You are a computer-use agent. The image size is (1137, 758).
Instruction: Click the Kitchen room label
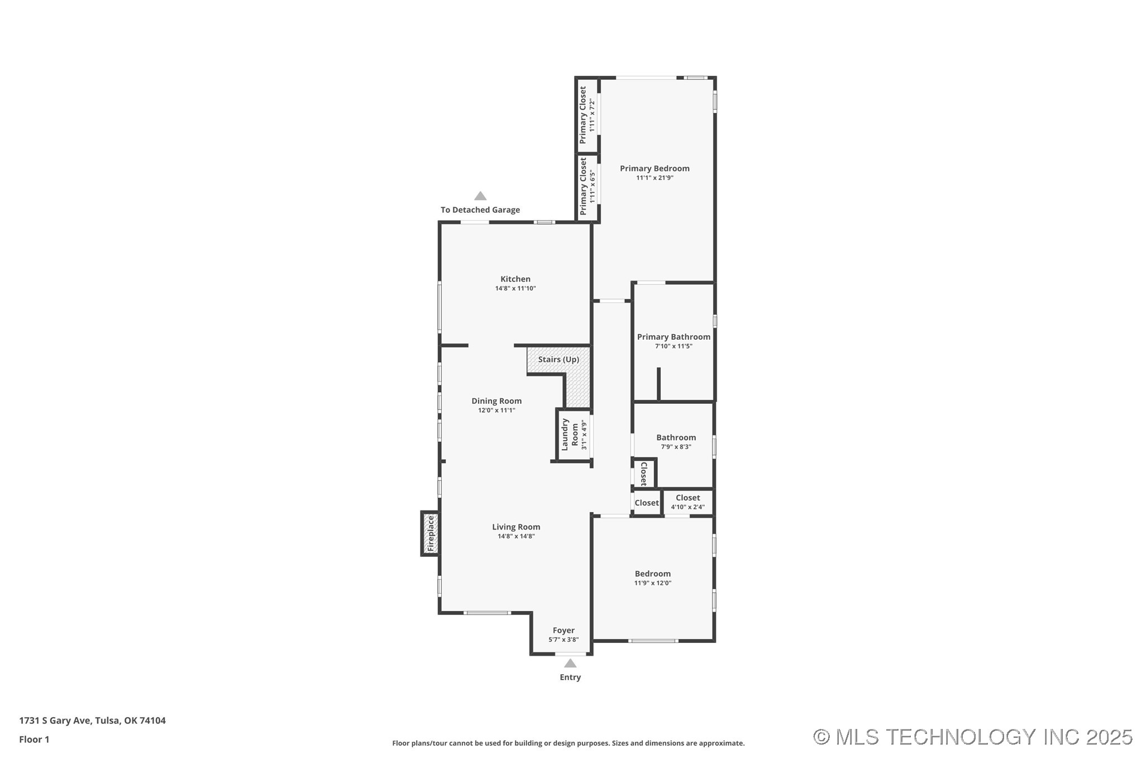coord(515,279)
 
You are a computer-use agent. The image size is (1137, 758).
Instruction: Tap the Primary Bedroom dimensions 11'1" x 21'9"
coord(655,178)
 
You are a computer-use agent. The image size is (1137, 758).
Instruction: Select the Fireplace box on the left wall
coord(429,533)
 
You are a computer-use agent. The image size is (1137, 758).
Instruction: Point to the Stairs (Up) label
coord(558,359)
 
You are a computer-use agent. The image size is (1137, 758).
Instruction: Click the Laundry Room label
coord(570,434)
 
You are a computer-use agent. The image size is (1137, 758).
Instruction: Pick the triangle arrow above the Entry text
coord(570,663)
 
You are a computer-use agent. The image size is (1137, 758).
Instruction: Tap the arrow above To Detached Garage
coord(480,196)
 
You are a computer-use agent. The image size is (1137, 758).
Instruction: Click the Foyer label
coord(563,630)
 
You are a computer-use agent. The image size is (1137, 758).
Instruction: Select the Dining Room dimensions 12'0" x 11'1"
coord(496,410)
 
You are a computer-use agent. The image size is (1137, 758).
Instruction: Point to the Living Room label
coord(516,527)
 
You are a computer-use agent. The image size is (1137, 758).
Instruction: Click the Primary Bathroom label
coord(673,336)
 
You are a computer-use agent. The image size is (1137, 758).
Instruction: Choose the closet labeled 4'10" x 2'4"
coord(687,502)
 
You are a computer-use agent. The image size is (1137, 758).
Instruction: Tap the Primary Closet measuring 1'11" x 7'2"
coord(587,115)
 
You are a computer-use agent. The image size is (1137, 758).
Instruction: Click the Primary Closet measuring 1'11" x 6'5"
coord(587,187)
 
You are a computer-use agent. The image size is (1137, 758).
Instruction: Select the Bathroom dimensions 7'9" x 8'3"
coord(676,447)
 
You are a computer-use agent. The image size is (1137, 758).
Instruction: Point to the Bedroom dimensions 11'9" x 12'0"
coord(652,583)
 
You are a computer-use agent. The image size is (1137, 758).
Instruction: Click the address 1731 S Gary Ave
coord(55,721)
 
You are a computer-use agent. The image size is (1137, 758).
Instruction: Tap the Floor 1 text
coord(34,740)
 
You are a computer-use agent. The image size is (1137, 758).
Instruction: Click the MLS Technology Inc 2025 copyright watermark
coord(972,737)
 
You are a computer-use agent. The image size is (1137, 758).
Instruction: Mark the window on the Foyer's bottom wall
coord(571,654)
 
